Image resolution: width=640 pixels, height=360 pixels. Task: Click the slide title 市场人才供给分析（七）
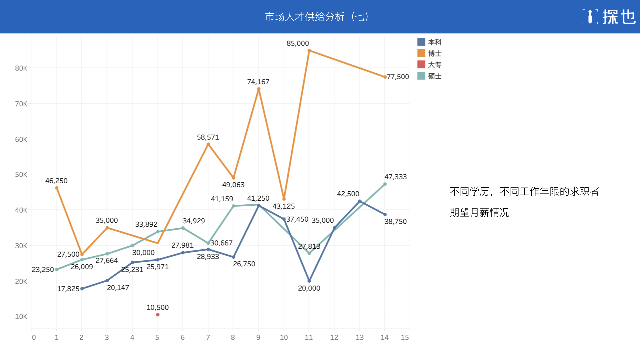tap(317, 17)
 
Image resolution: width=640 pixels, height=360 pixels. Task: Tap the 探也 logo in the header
tap(609, 17)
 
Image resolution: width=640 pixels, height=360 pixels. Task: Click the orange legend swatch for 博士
tap(421, 53)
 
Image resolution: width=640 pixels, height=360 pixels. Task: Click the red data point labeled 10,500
tap(158, 315)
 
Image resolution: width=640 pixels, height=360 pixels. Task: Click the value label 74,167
tap(258, 82)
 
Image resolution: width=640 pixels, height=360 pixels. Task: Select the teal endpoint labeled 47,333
tap(385, 184)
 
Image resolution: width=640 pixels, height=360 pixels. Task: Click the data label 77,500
tap(398, 77)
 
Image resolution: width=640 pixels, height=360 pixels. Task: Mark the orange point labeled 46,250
tap(57, 188)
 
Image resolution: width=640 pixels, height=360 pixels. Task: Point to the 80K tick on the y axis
tap(21, 68)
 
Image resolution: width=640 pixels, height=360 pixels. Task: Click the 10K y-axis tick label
tap(21, 316)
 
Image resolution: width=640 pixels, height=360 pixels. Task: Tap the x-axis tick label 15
tap(405, 337)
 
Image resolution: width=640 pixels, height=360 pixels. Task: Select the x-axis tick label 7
tap(208, 337)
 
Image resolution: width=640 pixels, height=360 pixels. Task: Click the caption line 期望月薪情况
tap(479, 212)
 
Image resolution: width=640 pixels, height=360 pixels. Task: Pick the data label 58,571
tap(208, 137)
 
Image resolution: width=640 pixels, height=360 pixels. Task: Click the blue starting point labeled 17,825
tap(82, 289)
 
